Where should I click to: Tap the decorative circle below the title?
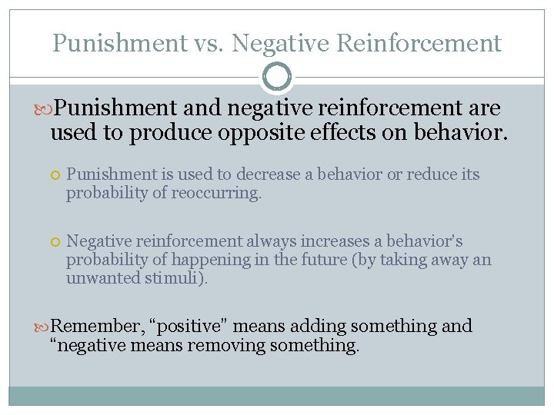(277, 77)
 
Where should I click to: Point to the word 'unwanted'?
(101, 278)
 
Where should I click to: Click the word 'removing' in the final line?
(226, 346)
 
